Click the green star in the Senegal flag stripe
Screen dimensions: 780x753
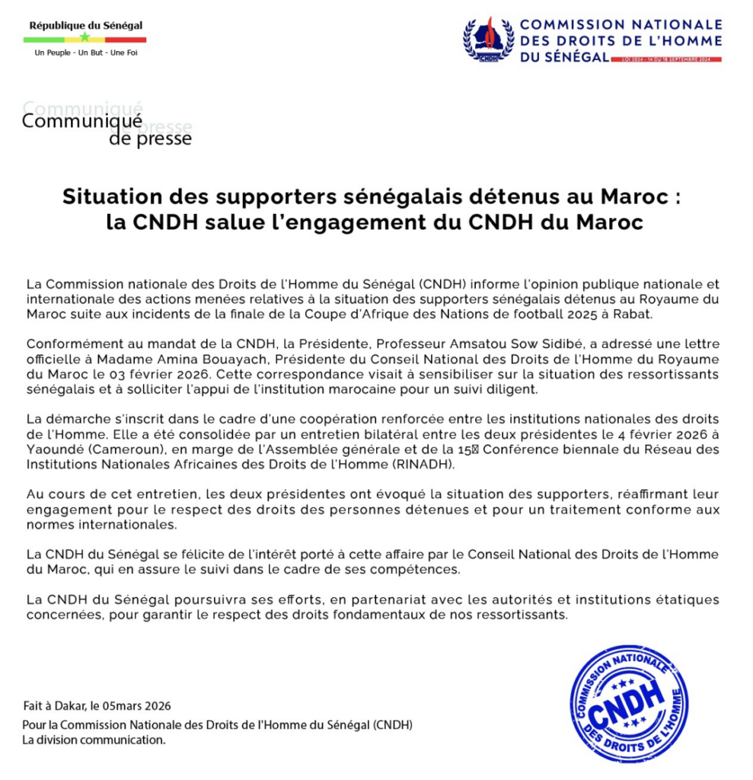85,38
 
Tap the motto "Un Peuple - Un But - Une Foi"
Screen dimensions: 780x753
86,53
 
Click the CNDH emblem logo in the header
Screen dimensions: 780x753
488,39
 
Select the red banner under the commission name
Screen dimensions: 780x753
665,59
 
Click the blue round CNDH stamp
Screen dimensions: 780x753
628,703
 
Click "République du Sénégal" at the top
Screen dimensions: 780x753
86,25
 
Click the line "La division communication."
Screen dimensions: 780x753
93,740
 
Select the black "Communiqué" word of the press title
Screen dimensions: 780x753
81,120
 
